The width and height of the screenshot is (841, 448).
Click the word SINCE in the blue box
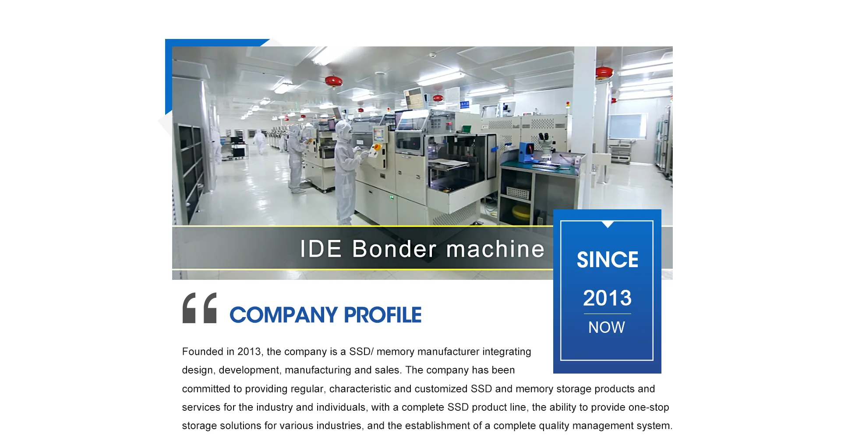tap(607, 260)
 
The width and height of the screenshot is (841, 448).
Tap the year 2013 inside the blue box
tap(607, 298)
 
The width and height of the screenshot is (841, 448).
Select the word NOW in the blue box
tap(607, 327)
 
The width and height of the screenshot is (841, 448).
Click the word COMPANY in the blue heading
tap(283, 315)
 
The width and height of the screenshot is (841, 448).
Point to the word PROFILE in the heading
tap(383, 315)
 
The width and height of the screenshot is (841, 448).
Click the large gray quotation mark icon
tap(199, 308)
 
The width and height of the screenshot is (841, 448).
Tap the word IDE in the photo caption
tap(321, 249)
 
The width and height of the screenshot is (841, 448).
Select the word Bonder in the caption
tap(394, 249)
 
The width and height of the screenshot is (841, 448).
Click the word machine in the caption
tap(495, 249)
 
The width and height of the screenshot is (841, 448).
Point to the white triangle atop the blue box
tap(608, 224)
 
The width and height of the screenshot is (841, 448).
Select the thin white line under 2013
tap(607, 314)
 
